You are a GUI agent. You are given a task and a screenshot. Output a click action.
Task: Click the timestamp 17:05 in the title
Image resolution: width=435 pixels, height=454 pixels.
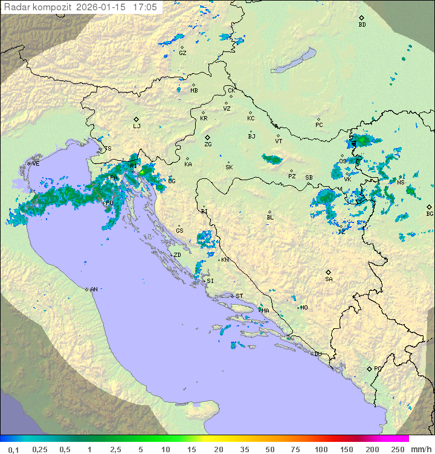145,7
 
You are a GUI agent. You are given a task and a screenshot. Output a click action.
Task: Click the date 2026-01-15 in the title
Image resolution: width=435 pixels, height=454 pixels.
105,7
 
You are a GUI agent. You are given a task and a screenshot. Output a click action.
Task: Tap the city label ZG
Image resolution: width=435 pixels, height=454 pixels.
208,144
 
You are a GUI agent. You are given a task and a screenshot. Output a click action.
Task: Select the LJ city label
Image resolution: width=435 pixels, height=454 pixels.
137,126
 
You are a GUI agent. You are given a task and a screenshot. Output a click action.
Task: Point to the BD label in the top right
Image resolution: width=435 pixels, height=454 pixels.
362,25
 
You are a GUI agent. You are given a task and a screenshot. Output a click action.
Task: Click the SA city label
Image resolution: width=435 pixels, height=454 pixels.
329,279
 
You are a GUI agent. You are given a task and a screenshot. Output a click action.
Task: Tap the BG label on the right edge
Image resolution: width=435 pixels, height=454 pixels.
430,213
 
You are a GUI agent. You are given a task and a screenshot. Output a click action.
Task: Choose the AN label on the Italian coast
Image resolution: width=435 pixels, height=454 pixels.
94,290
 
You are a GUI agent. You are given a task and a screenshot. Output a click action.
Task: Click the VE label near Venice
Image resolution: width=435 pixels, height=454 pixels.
36,164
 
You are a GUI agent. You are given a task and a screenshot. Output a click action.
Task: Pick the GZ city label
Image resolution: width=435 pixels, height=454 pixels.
182,53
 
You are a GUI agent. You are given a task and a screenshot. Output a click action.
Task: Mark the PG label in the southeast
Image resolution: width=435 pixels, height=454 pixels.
378,368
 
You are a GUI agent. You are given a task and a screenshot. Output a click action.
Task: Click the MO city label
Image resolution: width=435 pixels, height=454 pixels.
304,307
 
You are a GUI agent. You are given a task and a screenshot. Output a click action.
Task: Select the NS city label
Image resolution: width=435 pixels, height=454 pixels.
401,182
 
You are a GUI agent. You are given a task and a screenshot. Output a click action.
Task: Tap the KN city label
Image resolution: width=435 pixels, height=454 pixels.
225,260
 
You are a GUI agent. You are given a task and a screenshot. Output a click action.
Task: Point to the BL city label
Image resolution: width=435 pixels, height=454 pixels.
270,217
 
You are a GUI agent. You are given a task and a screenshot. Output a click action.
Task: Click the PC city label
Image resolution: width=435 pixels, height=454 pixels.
319,125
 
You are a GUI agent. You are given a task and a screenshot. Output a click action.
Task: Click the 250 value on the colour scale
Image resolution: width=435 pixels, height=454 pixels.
397,449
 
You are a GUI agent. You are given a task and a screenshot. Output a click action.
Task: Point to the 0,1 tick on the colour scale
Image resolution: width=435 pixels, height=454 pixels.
13,449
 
